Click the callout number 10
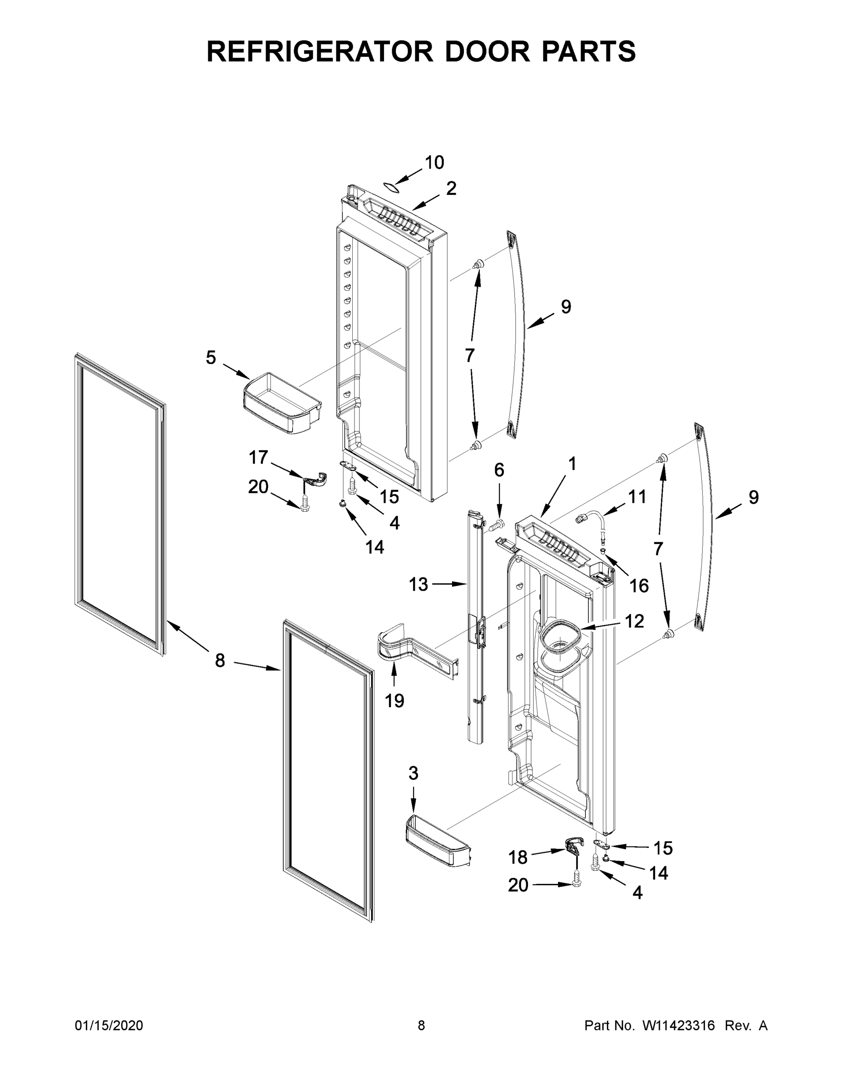point(434,163)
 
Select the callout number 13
point(418,585)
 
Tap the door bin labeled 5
point(281,403)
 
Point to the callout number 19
point(394,701)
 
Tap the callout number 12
point(634,621)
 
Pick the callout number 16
point(639,586)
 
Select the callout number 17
point(258,457)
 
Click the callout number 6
point(499,470)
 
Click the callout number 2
point(451,188)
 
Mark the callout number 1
point(572,464)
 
